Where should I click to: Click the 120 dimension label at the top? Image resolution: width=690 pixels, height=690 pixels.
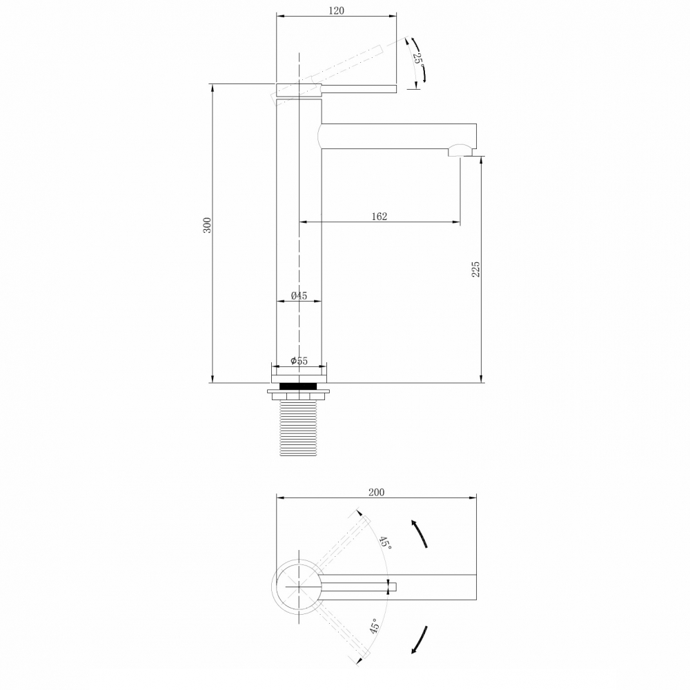click(x=336, y=10)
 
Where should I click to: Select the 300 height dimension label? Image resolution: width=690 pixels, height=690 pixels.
click(x=206, y=225)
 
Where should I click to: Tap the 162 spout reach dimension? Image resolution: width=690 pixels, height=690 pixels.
click(x=379, y=216)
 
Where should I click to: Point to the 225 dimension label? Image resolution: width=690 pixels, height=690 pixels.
click(x=475, y=269)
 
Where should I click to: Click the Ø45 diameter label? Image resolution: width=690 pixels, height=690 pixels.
click(x=298, y=295)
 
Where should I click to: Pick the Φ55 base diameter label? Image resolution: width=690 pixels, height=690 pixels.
click(x=298, y=361)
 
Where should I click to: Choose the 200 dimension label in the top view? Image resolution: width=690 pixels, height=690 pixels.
click(x=376, y=492)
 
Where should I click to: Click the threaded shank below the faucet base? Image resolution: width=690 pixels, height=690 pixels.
click(x=299, y=431)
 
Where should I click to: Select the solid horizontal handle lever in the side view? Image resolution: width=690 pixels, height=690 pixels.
click(x=359, y=88)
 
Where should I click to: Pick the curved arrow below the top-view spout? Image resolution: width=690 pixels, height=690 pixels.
click(x=419, y=640)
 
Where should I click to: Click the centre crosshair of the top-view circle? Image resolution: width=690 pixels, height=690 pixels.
click(x=299, y=586)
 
